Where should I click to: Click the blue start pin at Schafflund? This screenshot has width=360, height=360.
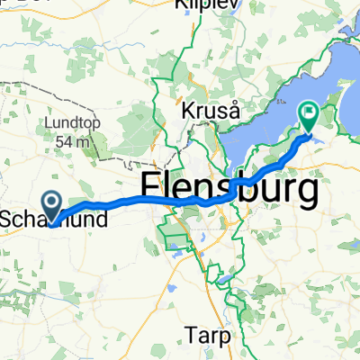51,206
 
